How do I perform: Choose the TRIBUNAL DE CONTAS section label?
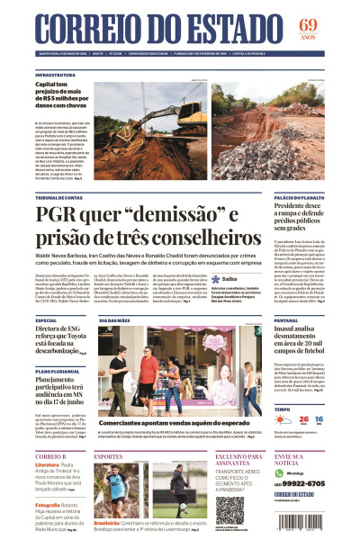(61, 197)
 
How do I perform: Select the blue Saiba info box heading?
(229, 279)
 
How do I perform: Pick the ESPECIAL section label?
(47, 319)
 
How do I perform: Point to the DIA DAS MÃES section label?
(115, 319)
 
